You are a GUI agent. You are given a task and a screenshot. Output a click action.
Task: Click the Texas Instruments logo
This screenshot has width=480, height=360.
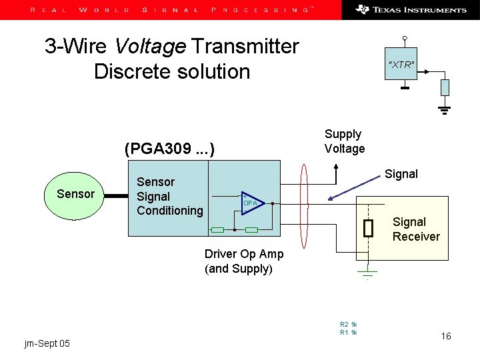411,10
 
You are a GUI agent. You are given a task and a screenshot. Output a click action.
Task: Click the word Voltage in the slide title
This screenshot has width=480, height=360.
150,46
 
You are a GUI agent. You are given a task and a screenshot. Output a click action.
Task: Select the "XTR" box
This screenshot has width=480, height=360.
402,65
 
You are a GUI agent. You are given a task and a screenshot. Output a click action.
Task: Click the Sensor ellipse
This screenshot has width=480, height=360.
75,194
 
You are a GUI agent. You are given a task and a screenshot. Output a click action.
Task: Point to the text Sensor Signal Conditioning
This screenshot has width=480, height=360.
169,196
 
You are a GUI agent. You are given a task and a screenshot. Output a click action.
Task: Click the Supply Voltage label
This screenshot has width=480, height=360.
344,141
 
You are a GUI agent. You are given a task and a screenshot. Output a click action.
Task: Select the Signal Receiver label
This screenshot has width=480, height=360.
416,229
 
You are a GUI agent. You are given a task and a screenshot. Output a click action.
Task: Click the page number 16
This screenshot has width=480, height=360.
446,336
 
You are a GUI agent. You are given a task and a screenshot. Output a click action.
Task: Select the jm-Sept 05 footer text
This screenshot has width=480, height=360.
47,343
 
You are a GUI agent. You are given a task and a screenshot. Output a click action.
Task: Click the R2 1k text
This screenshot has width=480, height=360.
349,324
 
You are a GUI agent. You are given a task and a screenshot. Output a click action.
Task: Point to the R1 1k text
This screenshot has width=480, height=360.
349,332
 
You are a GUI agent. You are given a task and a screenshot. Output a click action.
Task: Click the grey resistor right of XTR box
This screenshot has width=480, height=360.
445,87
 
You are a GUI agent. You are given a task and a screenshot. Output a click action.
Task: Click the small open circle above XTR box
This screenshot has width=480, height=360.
405,38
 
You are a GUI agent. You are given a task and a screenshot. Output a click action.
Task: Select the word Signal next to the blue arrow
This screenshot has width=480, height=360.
401,174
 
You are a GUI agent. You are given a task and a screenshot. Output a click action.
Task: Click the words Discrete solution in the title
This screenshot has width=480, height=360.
172,71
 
